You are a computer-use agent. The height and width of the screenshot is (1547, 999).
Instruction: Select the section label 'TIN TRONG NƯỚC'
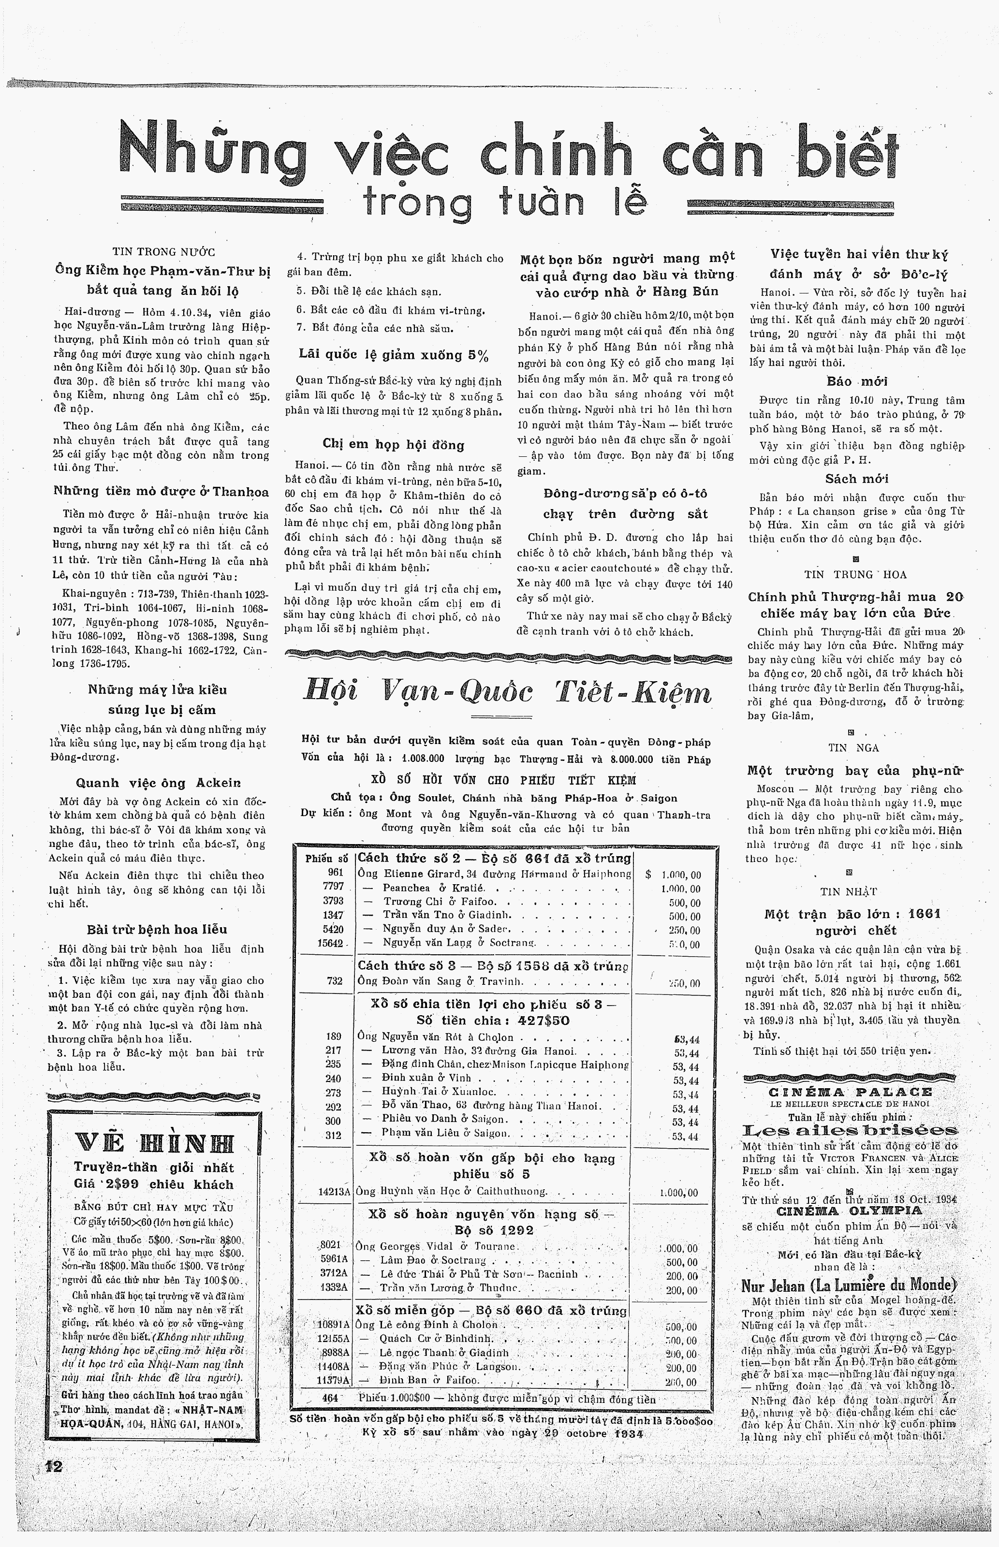pos(163,252)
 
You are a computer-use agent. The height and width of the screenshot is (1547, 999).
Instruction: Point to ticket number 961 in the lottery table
pos(336,874)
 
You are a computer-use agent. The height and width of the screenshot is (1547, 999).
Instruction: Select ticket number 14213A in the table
pos(335,1191)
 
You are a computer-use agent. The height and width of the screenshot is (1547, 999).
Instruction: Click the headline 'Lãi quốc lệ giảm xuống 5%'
pos(394,355)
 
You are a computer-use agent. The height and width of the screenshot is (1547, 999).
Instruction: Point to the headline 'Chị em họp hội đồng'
pos(393,445)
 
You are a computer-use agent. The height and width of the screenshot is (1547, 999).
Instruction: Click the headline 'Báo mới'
pos(857,381)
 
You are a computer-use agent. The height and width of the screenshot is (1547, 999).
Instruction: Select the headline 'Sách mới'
pos(857,479)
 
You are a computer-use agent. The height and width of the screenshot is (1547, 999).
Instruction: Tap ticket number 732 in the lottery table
pos(335,981)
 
